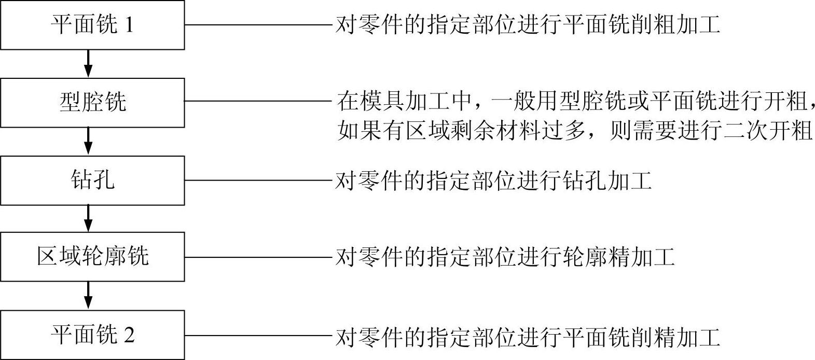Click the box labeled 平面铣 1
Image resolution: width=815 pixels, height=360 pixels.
point(92,25)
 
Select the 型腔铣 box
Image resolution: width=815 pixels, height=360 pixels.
point(92,102)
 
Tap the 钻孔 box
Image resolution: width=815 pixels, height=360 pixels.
point(92,180)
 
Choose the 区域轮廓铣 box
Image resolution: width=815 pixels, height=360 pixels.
point(92,257)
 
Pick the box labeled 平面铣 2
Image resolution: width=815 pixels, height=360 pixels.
point(92,335)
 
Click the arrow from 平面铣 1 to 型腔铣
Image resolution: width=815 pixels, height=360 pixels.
point(88,64)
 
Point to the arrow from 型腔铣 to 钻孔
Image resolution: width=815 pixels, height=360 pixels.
point(88,141)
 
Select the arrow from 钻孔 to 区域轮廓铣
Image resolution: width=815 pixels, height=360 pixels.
point(88,218)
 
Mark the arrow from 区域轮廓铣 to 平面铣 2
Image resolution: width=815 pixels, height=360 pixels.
point(88,296)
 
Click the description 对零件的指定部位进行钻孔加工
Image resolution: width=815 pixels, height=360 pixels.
point(493,181)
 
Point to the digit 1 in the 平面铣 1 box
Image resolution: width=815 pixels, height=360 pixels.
point(129,25)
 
